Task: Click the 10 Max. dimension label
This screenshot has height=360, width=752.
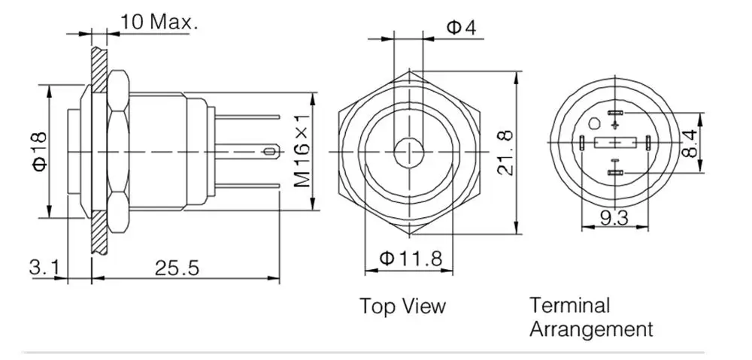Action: [159, 22]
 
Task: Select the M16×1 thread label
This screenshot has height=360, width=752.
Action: [302, 151]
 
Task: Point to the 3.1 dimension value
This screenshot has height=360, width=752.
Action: [45, 268]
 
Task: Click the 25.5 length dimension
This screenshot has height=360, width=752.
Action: [177, 268]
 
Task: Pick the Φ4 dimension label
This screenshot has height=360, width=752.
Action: [462, 27]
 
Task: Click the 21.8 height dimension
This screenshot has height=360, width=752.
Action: [505, 153]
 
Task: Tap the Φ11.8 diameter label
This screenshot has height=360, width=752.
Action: [411, 259]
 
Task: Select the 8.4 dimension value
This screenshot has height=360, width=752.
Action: [689, 144]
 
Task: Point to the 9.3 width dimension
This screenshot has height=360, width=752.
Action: [614, 218]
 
